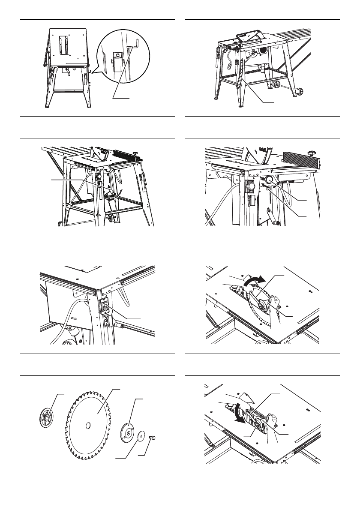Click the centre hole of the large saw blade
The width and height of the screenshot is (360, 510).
(88, 425)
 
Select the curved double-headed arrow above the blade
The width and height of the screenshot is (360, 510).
(251, 281)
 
